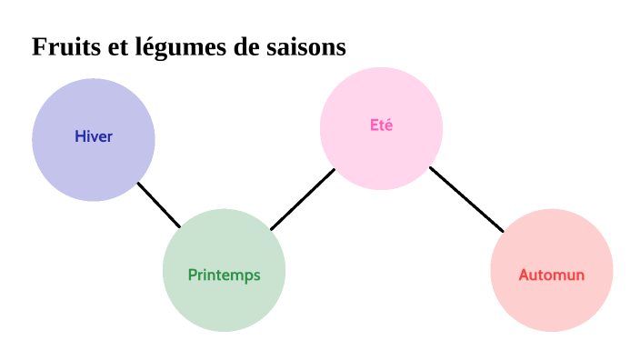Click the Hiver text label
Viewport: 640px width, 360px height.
click(x=94, y=137)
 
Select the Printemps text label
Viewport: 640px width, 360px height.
click(x=224, y=275)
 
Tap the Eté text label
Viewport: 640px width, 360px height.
click(x=382, y=125)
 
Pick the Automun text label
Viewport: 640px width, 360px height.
click(x=551, y=275)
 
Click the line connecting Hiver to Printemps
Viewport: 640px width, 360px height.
click(x=159, y=205)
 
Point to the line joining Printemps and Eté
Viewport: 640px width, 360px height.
click(x=303, y=199)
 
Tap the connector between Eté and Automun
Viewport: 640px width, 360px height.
click(x=466, y=199)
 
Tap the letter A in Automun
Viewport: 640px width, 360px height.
click(x=524, y=275)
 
